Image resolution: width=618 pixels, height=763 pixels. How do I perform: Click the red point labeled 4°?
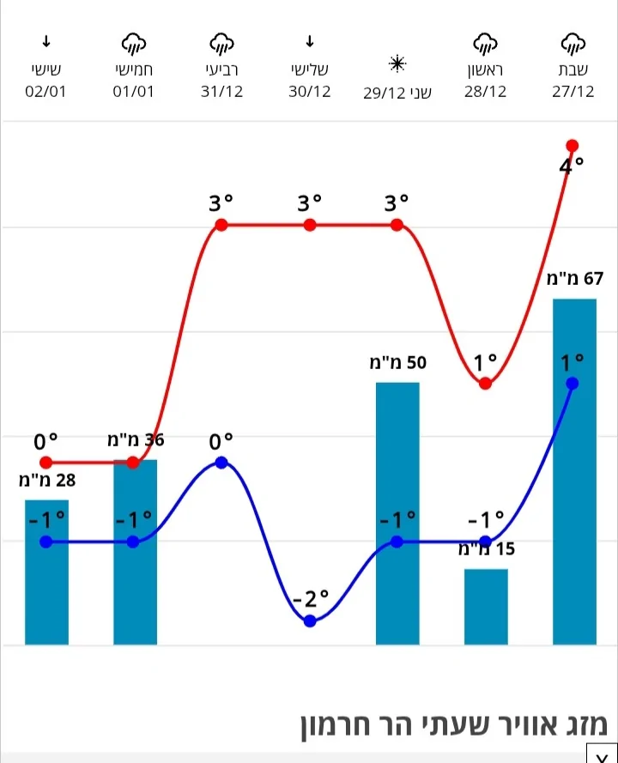(573, 145)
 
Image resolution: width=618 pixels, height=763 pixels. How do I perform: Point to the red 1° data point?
(486, 383)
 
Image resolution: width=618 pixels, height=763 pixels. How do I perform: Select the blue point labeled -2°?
(310, 621)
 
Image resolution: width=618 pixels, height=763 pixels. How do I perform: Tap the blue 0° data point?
(221, 463)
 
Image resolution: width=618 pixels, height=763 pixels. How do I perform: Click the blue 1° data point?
(573, 383)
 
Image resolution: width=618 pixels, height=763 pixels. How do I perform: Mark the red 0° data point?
(46, 463)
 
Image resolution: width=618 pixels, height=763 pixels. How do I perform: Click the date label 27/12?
(573, 92)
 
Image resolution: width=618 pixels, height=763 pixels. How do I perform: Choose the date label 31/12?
(221, 92)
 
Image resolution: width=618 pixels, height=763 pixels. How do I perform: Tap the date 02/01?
(46, 92)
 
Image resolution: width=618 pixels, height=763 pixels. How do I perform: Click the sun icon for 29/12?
(397, 64)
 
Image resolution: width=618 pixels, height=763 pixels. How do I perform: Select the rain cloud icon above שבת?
(573, 42)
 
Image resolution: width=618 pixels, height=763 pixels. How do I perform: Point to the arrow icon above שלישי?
(310, 41)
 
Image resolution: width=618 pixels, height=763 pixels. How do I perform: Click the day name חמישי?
(133, 70)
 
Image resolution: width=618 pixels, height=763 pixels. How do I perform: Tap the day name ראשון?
(486, 70)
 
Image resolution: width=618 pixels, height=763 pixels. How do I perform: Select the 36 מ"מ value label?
(136, 440)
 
